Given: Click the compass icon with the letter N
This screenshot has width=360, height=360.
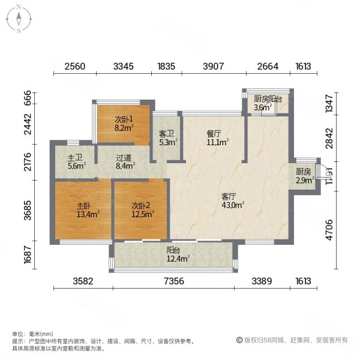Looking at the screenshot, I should coord(19,18).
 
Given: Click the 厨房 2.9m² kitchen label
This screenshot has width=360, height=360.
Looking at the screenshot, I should coord(304,175).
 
